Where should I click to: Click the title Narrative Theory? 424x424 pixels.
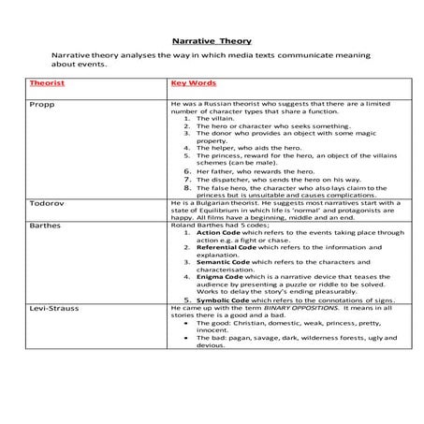212,41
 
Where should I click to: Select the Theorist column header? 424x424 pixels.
48,83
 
